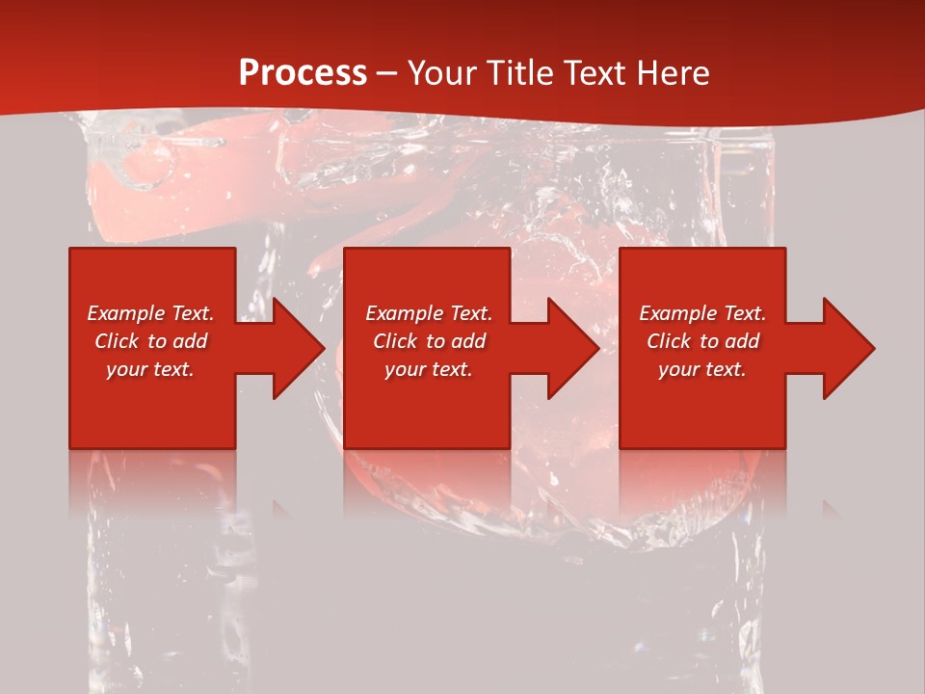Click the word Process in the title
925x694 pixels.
pos(303,73)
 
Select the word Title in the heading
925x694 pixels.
pos(521,73)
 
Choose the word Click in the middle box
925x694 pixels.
pos(395,341)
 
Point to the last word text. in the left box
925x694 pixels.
pos(173,369)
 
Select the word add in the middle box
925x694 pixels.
pos(469,341)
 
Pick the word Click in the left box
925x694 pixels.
pos(117,341)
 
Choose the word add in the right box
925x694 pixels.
pos(743,341)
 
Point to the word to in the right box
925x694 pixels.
pos(709,341)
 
